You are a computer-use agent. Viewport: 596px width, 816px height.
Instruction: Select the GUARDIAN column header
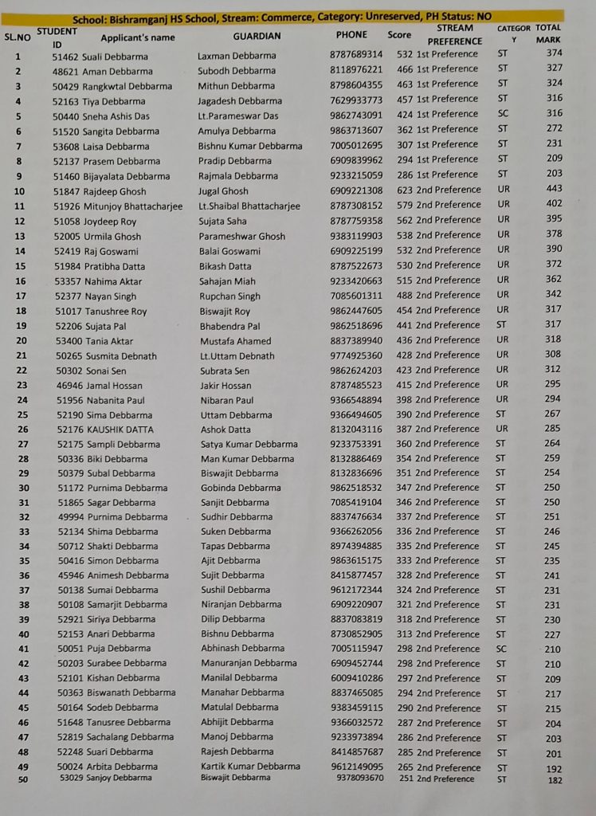tap(257, 36)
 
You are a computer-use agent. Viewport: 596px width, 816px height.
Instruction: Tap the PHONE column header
tap(351, 35)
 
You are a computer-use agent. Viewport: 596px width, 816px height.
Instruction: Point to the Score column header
tap(399, 35)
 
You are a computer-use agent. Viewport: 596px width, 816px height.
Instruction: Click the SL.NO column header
tap(18, 37)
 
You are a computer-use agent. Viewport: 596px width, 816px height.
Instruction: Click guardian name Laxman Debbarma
tap(237, 56)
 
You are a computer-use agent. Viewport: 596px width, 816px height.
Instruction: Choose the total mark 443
tap(554, 189)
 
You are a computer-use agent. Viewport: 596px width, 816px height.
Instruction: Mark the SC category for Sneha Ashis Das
tap(503, 113)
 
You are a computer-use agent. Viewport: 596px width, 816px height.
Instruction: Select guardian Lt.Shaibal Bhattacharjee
tap(249, 206)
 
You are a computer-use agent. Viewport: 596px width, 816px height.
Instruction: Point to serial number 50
tap(24, 780)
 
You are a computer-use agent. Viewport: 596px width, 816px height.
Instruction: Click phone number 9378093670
tap(359, 779)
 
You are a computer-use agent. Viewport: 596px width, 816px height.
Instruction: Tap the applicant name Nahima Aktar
tap(112, 280)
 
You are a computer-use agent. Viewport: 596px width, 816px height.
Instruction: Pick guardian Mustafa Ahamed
tap(235, 341)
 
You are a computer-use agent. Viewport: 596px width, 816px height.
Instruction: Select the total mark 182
tap(555, 780)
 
